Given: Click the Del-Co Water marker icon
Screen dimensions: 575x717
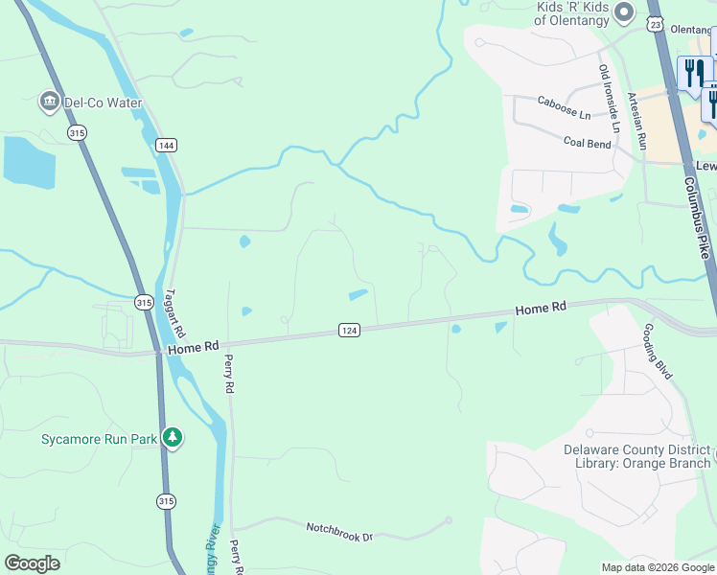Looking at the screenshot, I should (x=49, y=102).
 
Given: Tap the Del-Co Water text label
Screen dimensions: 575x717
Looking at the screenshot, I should (x=104, y=103).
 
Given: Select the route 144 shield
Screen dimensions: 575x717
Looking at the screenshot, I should (x=167, y=145).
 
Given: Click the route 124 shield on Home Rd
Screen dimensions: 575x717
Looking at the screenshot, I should (x=349, y=330).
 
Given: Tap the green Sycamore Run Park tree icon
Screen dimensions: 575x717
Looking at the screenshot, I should (x=173, y=439).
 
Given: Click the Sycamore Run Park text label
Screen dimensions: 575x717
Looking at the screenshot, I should (x=99, y=440).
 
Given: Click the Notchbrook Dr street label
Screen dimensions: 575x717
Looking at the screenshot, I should (x=338, y=531).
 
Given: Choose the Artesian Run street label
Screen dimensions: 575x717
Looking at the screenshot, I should (x=636, y=120).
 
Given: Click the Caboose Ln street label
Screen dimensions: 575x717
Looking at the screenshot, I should (x=564, y=107).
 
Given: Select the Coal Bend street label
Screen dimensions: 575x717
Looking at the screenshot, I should (x=587, y=143).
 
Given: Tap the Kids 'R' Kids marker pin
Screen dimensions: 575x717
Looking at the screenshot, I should (x=624, y=12).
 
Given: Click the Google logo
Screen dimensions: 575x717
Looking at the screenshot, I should (x=32, y=563).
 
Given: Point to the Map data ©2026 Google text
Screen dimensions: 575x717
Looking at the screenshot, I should (x=658, y=567).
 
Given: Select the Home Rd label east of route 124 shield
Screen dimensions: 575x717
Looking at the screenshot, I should (x=541, y=310).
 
